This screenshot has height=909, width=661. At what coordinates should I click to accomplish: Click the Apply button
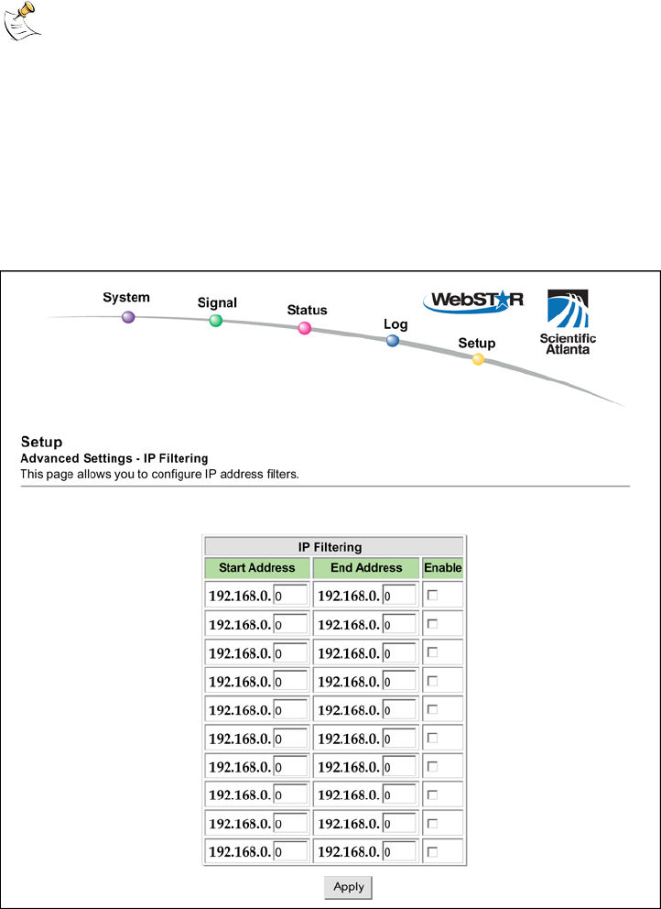349,886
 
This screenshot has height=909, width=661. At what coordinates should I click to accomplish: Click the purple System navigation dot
128,317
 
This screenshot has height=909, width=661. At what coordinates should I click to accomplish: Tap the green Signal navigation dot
216,321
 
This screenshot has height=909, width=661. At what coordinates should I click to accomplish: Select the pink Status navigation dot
305,328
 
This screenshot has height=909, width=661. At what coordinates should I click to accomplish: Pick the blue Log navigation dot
393,341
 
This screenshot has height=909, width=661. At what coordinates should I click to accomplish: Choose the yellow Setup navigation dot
478,359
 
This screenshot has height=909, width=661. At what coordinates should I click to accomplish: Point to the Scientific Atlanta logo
568,322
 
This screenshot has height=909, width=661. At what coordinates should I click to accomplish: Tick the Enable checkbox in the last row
433,852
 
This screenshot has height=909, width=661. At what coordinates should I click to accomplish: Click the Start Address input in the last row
289,852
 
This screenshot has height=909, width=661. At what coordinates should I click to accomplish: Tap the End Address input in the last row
398,852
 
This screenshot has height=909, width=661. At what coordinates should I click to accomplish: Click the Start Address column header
256,568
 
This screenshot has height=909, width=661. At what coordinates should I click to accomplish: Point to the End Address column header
365,568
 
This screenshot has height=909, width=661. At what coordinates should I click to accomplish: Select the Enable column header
442,568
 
